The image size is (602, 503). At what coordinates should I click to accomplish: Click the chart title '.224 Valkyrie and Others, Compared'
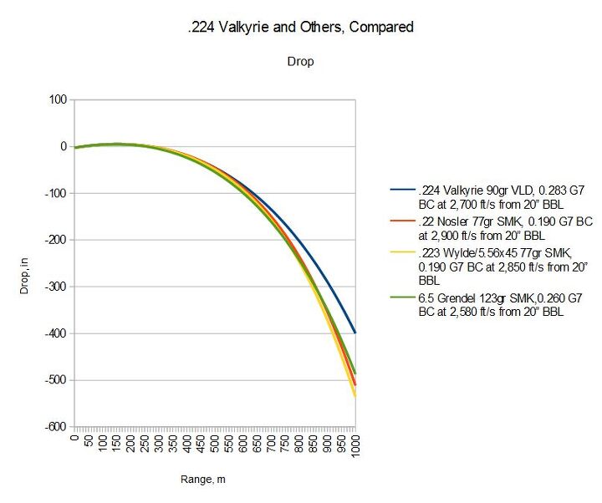300,28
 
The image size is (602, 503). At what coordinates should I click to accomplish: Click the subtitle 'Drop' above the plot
300,62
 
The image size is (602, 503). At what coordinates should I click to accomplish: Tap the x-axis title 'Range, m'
202,480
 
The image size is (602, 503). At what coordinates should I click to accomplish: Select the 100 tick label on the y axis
58,100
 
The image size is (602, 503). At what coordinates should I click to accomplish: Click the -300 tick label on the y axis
55,287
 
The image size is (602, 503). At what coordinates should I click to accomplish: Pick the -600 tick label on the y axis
55,427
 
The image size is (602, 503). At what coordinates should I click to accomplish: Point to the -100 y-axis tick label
55,194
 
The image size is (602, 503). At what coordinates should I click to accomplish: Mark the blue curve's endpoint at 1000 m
355,333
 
